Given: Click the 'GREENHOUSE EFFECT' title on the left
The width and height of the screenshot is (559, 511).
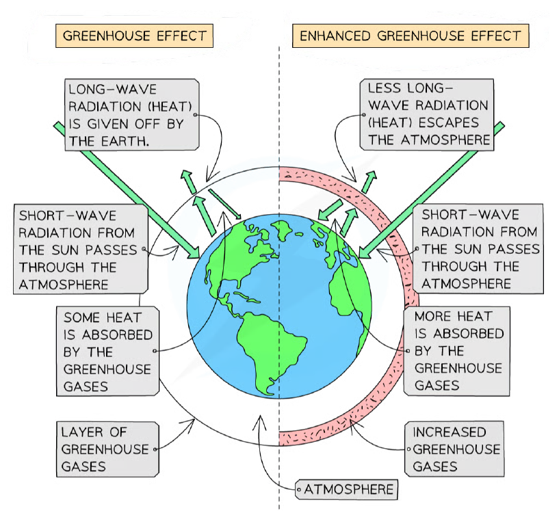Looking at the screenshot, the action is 134,36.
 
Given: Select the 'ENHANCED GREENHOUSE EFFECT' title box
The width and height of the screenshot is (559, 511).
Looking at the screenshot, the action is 411,36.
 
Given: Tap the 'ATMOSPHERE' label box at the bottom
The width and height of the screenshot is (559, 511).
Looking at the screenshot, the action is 346,489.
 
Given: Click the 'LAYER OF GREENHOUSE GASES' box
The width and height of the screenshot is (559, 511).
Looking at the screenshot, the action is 107,449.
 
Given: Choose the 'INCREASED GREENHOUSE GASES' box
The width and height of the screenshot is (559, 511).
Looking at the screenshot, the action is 454,449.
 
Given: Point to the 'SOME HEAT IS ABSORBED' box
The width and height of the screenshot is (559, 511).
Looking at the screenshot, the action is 107,352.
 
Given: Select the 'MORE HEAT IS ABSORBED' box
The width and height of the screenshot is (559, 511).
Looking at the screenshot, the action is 456,351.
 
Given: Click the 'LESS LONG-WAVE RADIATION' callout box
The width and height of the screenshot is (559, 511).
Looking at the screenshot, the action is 427,114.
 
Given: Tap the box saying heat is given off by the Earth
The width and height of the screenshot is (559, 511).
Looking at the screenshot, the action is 131,114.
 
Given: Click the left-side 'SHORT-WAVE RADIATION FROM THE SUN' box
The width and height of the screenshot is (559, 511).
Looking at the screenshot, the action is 81,249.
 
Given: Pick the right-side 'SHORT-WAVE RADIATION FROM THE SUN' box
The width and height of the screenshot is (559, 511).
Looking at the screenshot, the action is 478,249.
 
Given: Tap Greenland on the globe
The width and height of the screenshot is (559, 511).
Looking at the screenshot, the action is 282,229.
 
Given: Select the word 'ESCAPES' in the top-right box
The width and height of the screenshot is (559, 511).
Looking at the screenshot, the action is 448,122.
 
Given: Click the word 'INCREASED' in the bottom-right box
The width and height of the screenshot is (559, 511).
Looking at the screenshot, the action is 450,432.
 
